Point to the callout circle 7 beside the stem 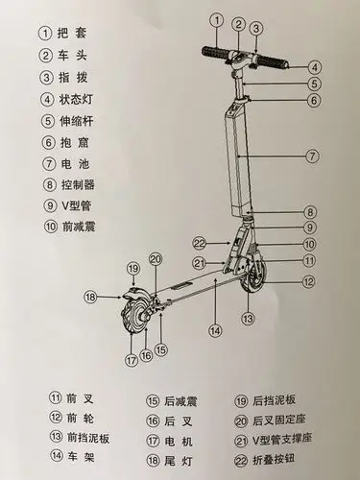[312, 155]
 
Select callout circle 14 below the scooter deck [215, 331]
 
